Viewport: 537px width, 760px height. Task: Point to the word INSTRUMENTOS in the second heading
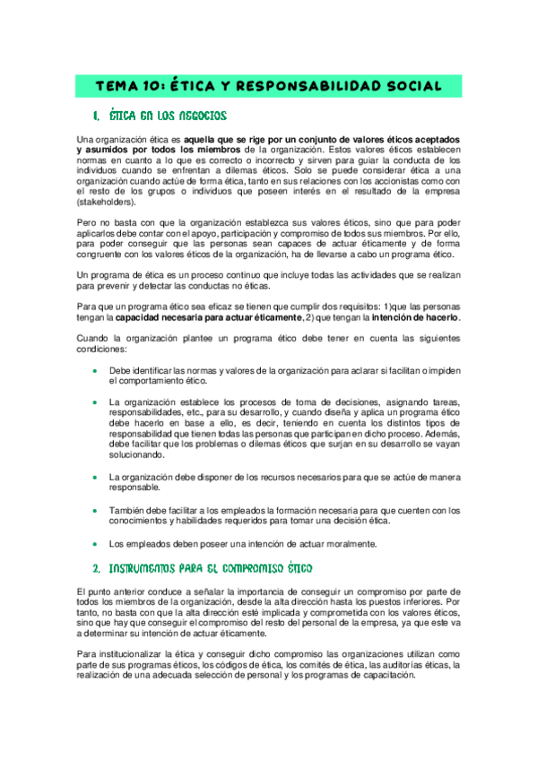(149, 568)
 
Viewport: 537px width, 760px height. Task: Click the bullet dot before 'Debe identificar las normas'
(94, 369)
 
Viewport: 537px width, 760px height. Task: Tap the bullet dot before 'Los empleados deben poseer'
(94, 543)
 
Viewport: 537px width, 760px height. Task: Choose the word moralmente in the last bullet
(341, 543)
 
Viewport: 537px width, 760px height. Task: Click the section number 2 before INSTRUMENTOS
(96, 568)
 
